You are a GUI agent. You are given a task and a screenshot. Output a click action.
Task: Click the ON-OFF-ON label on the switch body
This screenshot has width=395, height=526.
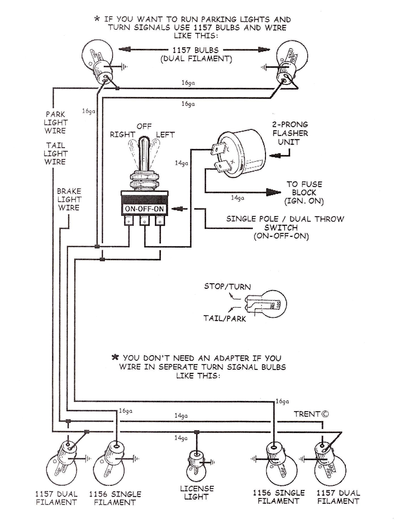(x=144, y=209)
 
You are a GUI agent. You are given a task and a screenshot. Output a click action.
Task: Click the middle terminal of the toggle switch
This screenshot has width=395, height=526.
(x=144, y=221)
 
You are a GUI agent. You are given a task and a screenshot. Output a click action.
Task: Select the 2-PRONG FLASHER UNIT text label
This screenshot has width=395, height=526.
(x=290, y=133)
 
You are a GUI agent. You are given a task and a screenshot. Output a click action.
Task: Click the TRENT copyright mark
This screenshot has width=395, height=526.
(x=311, y=414)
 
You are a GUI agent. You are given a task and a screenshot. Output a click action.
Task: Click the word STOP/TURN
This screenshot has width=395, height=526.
(x=227, y=287)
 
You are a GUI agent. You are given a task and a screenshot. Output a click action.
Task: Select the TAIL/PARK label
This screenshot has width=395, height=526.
(x=225, y=319)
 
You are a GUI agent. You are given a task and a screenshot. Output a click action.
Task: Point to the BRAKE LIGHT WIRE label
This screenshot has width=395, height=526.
(x=69, y=199)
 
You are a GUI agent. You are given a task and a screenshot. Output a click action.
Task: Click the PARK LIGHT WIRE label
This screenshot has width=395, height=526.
(x=55, y=123)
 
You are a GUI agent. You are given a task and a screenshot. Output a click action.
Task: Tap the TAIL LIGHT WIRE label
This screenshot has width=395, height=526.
(x=55, y=153)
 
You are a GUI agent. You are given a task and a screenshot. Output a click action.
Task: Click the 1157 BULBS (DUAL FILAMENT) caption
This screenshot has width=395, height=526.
(x=196, y=55)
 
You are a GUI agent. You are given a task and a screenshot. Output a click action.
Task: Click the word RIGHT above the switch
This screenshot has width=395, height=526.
(x=122, y=135)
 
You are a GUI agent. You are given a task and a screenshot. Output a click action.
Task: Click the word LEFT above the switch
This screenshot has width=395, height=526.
(x=165, y=135)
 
